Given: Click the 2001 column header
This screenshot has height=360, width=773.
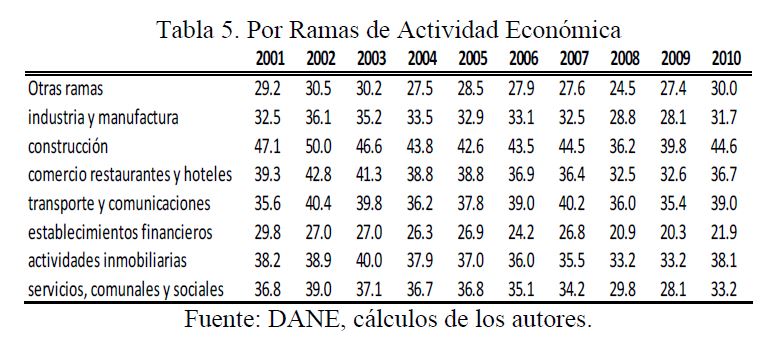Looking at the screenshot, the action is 270,59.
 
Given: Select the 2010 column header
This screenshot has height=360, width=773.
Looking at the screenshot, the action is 726,59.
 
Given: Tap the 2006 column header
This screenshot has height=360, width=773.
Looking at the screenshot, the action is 524,59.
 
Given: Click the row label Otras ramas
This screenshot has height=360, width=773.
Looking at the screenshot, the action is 66,89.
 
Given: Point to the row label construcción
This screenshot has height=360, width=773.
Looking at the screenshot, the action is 68,146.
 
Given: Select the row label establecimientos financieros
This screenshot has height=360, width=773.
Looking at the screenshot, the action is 120,232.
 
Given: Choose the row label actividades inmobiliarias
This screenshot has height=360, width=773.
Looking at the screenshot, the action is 107,260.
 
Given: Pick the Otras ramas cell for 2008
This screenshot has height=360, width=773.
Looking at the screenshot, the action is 625,90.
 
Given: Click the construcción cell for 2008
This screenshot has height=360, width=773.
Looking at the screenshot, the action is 625,147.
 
